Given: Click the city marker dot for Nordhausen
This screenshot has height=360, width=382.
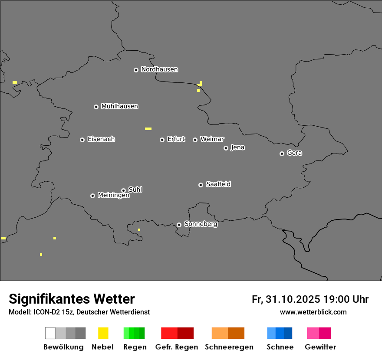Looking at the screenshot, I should tap(136, 70).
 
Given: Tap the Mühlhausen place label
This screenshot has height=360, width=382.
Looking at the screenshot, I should tap(119, 106).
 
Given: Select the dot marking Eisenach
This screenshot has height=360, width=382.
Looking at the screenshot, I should tap(82, 140).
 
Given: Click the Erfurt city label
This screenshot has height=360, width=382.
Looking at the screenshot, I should tap(176, 139).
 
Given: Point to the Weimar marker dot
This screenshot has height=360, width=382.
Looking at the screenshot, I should tap(195, 140).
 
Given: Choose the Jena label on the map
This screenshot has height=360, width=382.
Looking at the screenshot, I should tap(237, 147).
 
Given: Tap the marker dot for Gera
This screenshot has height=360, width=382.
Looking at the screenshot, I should tap(282, 154).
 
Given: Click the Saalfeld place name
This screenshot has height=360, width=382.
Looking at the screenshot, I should tap(218, 184).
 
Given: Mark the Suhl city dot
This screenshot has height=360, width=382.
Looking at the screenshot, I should tap(123, 190).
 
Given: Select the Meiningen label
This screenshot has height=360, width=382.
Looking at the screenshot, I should tap(113, 196).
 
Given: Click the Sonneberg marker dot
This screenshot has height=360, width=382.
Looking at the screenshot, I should tap(179, 225).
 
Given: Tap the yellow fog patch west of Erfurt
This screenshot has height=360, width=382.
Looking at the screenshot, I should tap(148, 129).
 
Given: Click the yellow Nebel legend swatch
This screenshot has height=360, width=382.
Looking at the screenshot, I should tap(103, 333).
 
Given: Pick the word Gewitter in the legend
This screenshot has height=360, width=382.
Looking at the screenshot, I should tap(320, 347).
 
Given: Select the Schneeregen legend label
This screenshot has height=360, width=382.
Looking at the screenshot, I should tap(229, 347).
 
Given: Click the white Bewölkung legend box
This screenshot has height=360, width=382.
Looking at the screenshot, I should tap(50, 333).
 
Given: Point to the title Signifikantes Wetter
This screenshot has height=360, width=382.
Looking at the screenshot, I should tap(72, 299).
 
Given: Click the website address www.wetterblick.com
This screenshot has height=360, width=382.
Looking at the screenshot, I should tap(313, 312).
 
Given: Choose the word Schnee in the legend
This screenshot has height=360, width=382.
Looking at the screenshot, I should tap(280, 347).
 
